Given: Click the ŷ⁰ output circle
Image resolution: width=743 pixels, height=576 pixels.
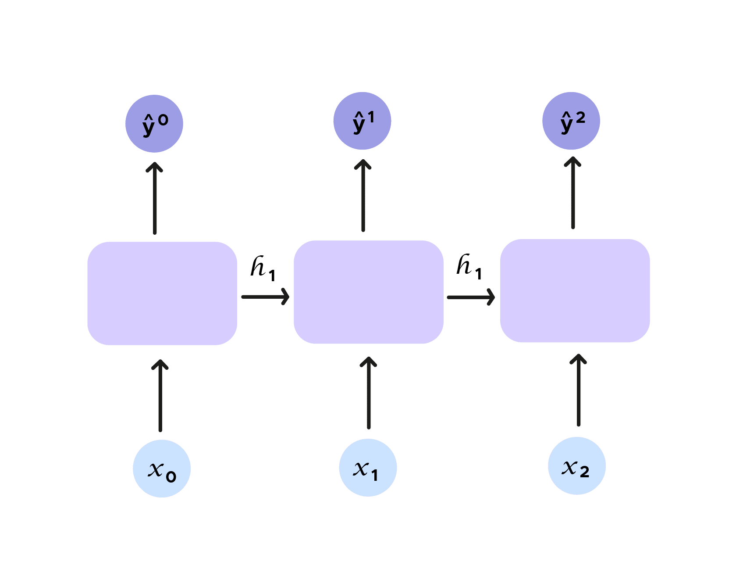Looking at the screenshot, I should pos(154,124).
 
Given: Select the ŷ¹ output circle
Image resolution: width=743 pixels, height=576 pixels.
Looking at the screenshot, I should pos(362,121).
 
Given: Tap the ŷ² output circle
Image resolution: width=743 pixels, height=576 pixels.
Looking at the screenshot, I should pos(571,121).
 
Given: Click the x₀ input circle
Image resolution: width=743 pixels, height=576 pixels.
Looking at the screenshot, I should pos(162,469).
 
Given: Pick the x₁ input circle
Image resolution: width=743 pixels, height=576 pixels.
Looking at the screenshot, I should pos(368,468).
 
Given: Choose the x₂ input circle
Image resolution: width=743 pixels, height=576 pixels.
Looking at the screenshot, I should pos(577,466).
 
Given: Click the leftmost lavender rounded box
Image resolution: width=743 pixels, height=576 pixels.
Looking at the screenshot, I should pos(162,293).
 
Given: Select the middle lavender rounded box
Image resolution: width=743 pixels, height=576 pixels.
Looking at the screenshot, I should pos(369,292).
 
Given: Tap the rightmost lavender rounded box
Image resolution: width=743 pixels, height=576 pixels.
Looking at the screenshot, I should pos(575,290).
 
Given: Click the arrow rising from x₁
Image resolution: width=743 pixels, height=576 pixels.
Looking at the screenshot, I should pos(369,393).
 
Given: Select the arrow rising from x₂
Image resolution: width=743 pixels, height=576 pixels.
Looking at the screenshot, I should pos(579,390).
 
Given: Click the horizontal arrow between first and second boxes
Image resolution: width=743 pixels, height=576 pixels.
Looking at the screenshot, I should pos(265,297).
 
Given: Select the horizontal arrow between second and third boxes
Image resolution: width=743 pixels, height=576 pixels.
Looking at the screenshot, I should pos(471,297).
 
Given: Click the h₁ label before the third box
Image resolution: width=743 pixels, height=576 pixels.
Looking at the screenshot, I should pos(469,266).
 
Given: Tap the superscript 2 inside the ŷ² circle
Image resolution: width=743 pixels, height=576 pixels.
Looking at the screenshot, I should pos(580,117).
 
